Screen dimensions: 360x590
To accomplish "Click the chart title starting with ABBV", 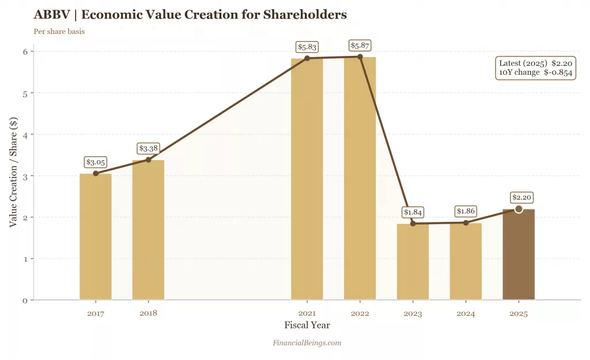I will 190,14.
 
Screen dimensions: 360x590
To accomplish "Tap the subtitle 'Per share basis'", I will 59,31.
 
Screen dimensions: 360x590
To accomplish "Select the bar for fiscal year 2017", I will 96,236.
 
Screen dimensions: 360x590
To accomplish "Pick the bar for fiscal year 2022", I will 360,179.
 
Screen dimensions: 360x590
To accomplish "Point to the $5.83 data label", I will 307,47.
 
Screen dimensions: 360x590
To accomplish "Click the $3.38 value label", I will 149,149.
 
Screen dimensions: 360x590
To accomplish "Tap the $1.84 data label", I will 413,212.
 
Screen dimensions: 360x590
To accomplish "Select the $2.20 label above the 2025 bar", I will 519,198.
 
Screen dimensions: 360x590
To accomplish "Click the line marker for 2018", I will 149,160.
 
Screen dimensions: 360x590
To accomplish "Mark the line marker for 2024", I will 466,222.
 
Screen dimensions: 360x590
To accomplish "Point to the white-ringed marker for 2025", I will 519,209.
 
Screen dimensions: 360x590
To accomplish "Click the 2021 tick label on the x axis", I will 307,314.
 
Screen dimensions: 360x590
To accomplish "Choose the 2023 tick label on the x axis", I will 413,314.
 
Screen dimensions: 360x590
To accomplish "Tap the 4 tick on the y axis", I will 25,134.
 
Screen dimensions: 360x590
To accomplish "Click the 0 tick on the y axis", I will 25,300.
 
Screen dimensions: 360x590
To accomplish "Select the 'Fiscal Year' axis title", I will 307,325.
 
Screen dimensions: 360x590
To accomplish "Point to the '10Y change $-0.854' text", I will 535,73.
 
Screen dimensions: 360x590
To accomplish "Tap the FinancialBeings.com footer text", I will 307,343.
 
